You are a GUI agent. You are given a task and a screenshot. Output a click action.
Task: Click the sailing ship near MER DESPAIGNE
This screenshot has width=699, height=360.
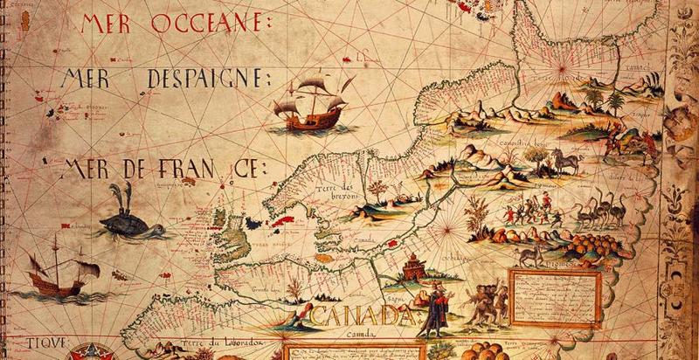pos(309,103)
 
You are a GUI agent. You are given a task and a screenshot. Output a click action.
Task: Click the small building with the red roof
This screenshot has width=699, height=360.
pos(412,266)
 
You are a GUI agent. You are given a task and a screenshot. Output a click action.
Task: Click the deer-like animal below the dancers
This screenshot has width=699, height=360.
pos(528,254)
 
